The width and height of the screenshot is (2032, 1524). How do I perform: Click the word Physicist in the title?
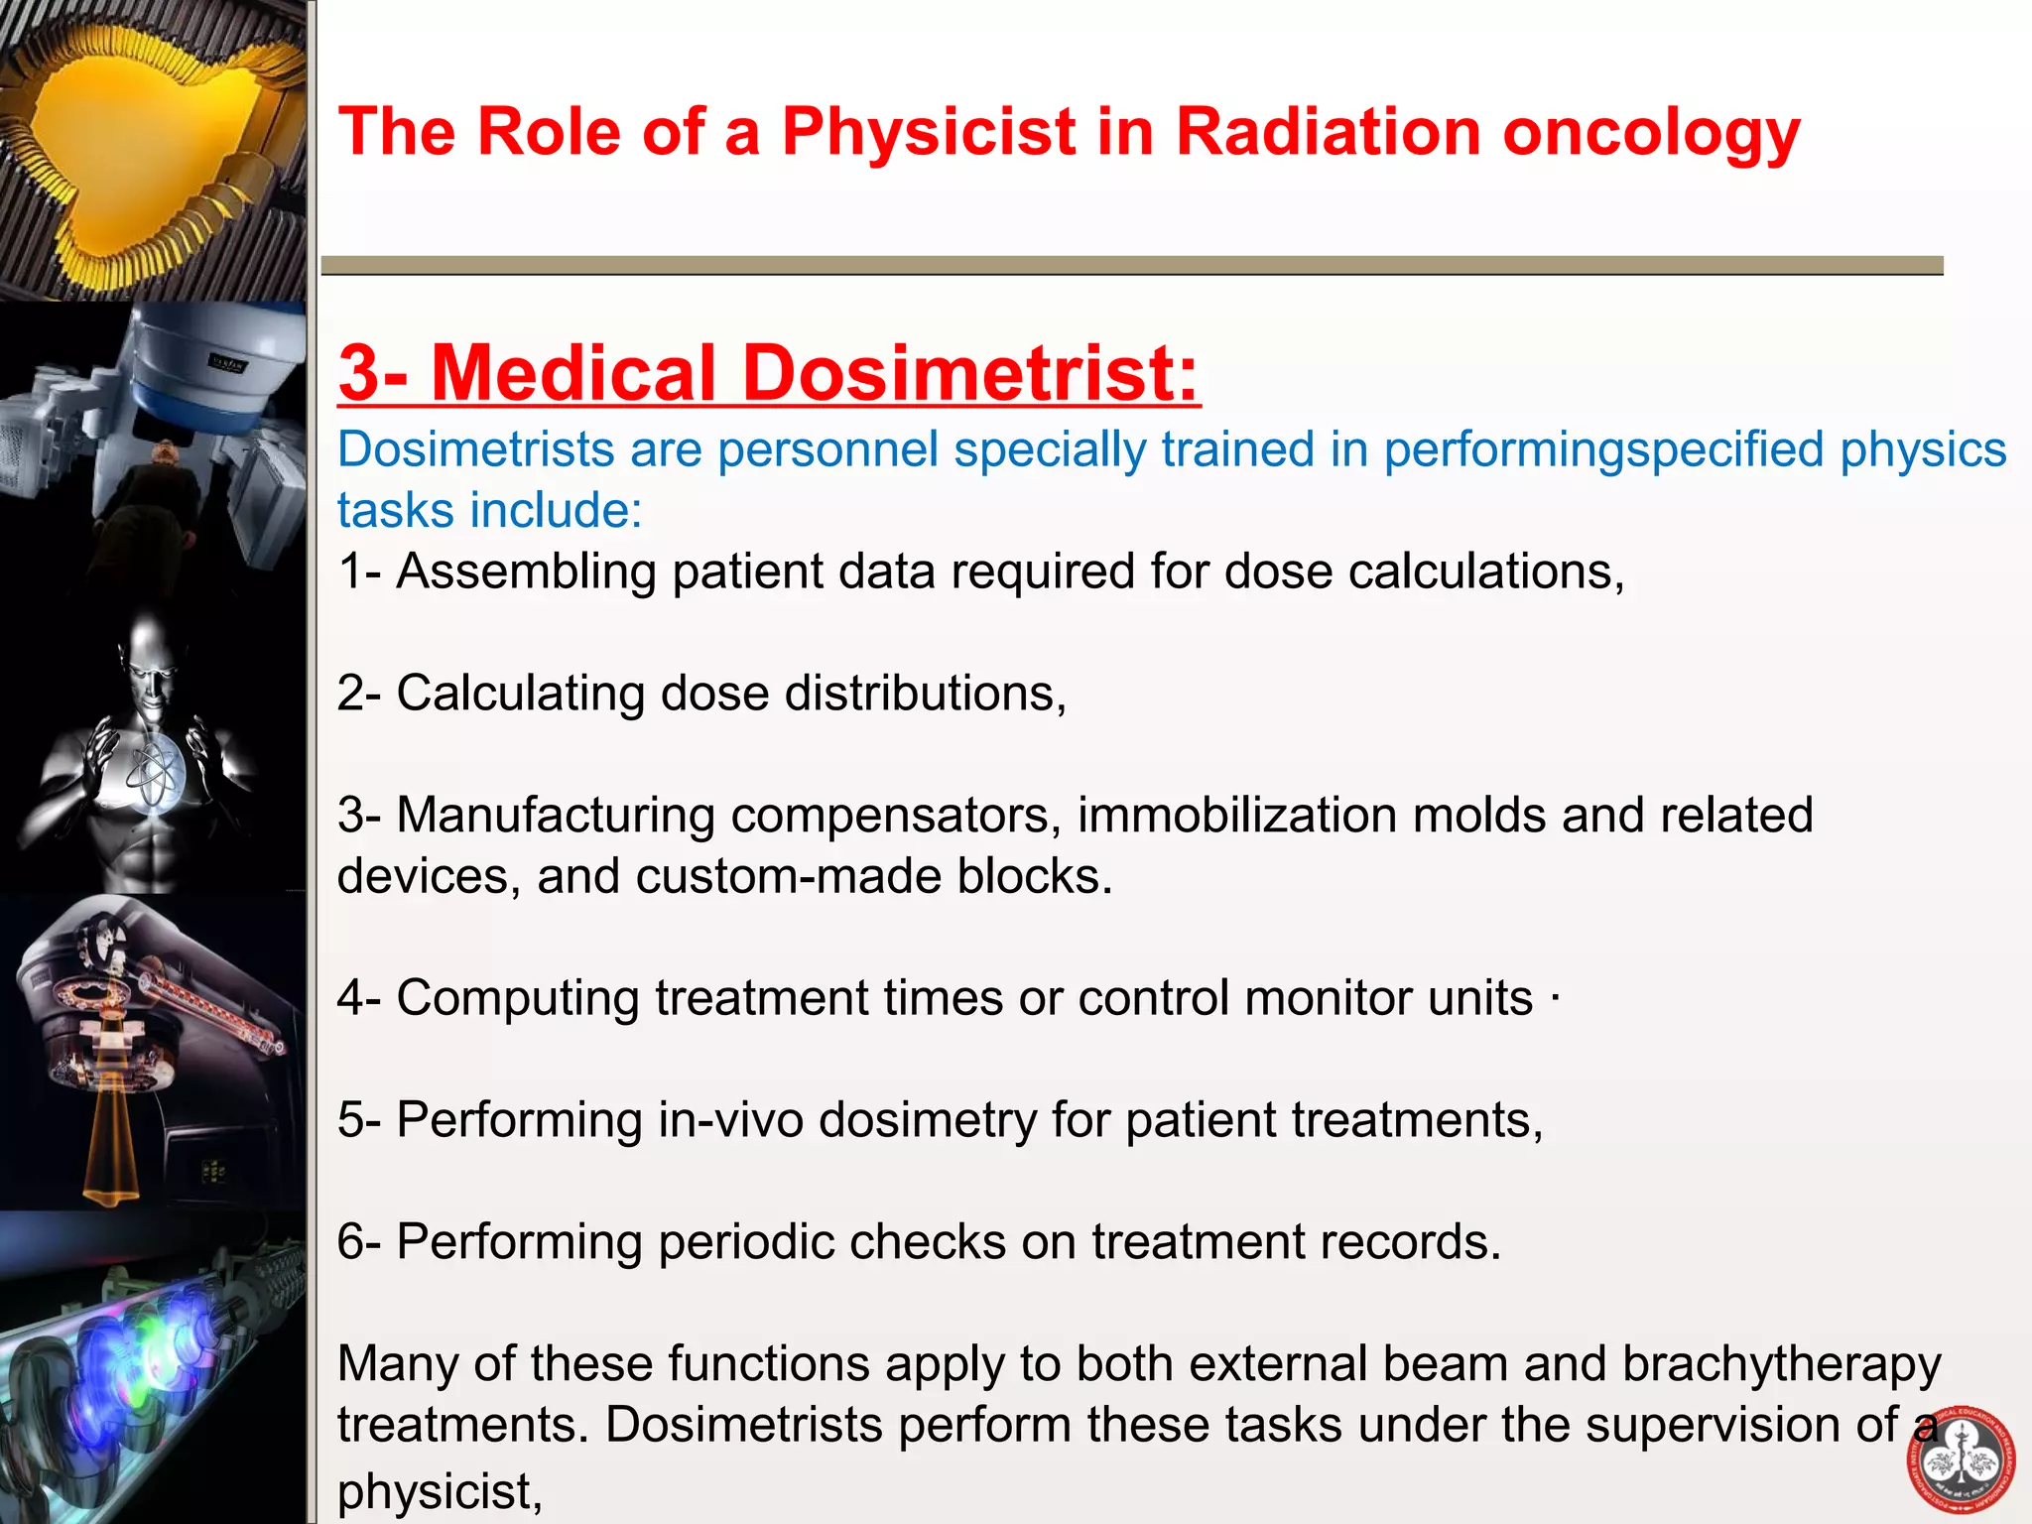click(x=929, y=132)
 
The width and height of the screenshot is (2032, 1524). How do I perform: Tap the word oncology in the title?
click(x=1651, y=132)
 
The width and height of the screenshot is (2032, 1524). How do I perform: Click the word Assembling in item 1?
click(x=526, y=572)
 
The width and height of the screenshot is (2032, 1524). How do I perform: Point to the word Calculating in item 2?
click(x=520, y=694)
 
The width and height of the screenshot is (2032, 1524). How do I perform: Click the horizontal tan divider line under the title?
click(x=1131, y=265)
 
